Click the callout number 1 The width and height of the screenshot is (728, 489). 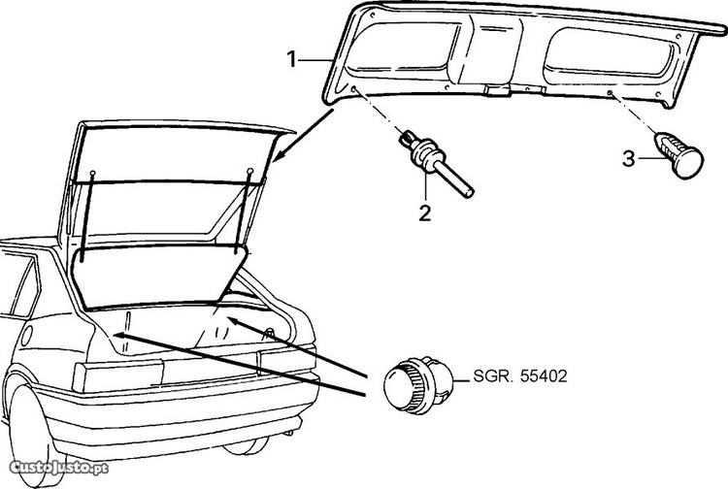[292, 60]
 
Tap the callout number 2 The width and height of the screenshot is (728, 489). [424, 212]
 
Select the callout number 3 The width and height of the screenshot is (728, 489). [629, 155]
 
